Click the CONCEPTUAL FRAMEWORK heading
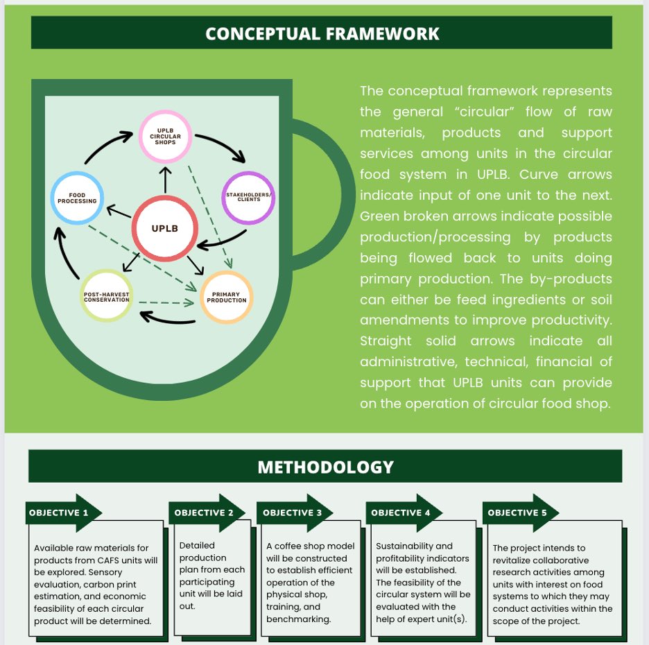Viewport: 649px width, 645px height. coord(322,33)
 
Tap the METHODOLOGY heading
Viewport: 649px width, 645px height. coord(324,467)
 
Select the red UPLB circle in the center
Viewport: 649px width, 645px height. coord(165,228)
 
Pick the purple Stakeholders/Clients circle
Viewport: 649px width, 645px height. coord(248,198)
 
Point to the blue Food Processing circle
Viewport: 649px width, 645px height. coord(78,198)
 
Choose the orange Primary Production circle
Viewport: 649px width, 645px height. coord(227,298)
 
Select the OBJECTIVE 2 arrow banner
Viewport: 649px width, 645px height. coord(205,513)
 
